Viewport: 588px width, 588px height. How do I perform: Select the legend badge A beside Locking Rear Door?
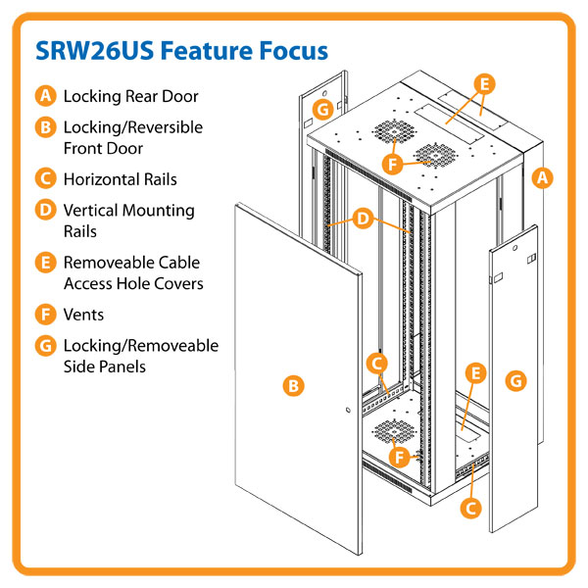[45, 96]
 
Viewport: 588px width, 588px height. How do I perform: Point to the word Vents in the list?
[83, 316]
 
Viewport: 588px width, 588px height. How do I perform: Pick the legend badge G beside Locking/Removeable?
[45, 346]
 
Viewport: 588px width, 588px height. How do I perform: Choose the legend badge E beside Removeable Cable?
[45, 263]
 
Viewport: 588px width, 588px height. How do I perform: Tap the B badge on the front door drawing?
[291, 386]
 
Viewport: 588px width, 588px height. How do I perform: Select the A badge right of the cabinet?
[545, 177]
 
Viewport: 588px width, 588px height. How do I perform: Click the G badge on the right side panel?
[515, 378]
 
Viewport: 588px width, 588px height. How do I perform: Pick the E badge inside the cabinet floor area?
[475, 373]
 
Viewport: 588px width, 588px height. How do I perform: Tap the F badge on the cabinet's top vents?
[392, 164]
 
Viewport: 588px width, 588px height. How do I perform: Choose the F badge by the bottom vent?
[399, 456]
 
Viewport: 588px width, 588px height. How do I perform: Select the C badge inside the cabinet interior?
[376, 364]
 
